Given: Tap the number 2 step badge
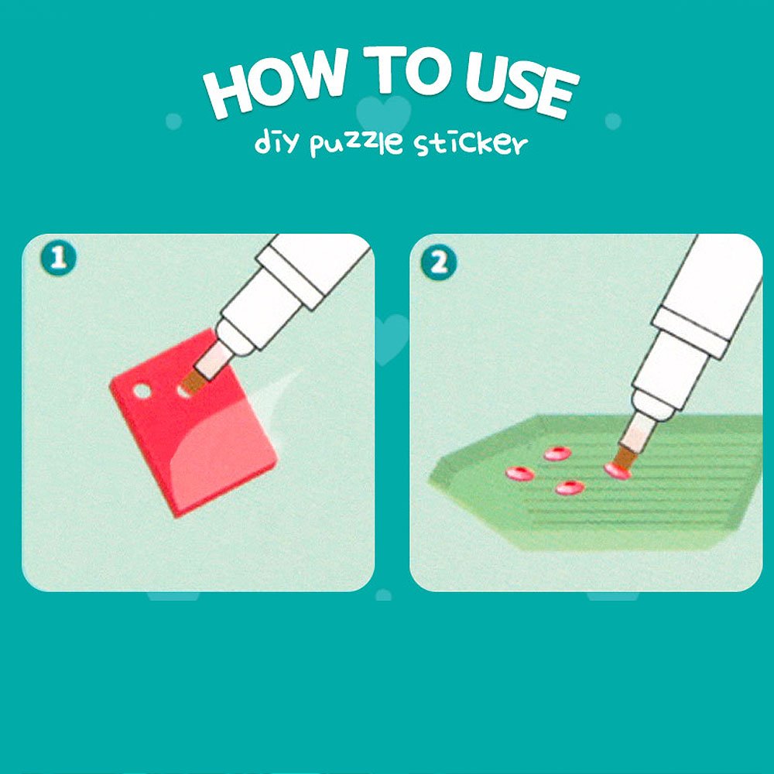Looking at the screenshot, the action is point(438,262).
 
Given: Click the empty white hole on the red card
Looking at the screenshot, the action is point(142,391).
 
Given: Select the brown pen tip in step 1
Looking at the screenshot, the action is point(193,381).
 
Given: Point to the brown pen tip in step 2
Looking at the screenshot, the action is point(626,456).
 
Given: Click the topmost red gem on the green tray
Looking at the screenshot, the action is point(557,453).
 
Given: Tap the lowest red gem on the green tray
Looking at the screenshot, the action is point(570,488).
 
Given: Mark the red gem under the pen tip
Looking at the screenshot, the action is point(617,471).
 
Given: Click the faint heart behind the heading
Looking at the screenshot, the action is point(384,114).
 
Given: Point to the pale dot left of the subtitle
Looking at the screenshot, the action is point(173,121).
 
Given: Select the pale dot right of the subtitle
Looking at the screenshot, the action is point(613,121).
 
